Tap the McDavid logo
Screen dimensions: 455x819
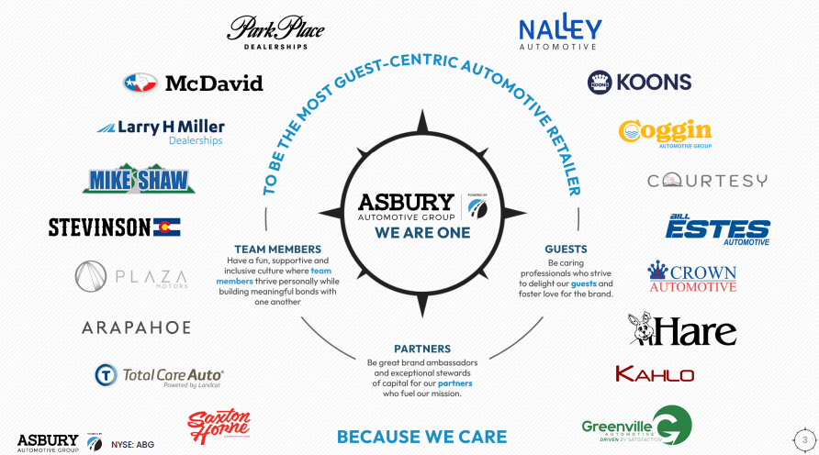tap(193, 83)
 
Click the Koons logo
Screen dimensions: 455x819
tap(640, 83)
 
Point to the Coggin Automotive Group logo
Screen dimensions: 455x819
tap(665, 134)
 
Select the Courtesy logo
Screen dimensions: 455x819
tap(707, 181)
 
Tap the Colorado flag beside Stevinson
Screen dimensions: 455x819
tap(167, 227)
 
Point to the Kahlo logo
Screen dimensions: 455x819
tap(655, 373)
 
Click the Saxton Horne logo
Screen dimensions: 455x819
tap(219, 428)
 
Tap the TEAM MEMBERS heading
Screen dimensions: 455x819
tap(277, 249)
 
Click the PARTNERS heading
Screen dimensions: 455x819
tap(421, 349)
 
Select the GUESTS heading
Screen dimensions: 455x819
tap(566, 249)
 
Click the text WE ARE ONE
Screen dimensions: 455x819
tap(422, 233)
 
